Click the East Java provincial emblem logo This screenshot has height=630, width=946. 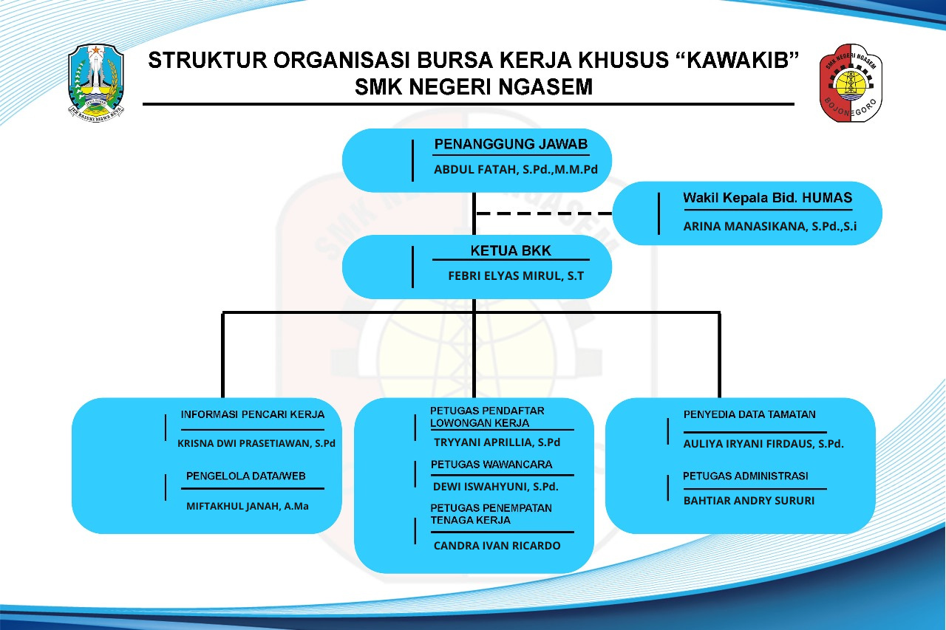tap(96, 83)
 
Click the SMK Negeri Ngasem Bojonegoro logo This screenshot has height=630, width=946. tap(851, 83)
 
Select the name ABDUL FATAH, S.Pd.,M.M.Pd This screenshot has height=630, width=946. tap(516, 170)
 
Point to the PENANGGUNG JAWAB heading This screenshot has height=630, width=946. tap(511, 144)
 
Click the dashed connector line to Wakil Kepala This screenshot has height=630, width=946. tap(544, 213)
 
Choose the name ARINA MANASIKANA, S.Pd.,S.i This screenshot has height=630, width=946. tap(770, 227)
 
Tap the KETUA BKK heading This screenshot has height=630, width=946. tap(511, 250)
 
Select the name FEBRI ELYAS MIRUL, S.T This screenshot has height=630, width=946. tap(516, 276)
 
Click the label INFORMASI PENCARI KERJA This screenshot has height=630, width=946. tap(253, 414)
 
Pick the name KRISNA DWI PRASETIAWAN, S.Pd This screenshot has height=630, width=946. tap(256, 443)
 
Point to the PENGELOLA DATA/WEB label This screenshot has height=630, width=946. tap(246, 476)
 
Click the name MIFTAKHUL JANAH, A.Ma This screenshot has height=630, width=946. tap(248, 506)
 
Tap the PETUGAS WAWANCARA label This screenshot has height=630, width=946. tap(491, 465)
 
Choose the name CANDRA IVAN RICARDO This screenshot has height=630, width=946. tap(497, 546)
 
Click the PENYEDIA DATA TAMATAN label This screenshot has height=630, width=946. tap(749, 414)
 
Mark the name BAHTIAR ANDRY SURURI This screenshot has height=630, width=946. tap(749, 501)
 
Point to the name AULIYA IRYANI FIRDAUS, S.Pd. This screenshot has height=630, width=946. tap(763, 444)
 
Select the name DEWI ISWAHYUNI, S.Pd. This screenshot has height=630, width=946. tap(496, 487)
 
